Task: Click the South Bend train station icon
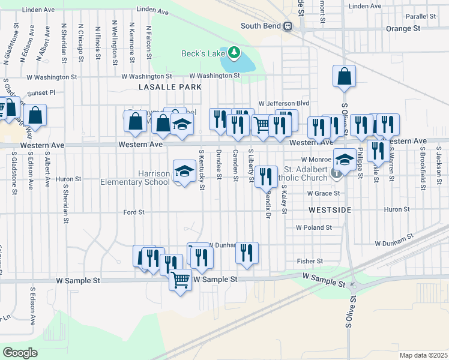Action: click(289, 26)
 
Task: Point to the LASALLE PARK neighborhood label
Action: click(170, 87)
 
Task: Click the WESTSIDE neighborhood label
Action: click(328, 211)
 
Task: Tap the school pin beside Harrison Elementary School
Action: click(184, 171)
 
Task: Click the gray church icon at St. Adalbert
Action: click(339, 173)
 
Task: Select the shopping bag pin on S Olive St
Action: click(344, 76)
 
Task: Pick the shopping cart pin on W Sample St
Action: click(181, 279)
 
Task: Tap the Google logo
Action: click(20, 352)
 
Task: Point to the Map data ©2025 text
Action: click(423, 355)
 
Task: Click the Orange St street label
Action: click(403, 28)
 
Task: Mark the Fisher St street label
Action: click(310, 261)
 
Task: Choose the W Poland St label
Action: click(314, 228)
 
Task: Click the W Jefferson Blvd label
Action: click(283, 103)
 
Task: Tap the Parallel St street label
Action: click(420, 17)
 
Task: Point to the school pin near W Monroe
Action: click(344, 160)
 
